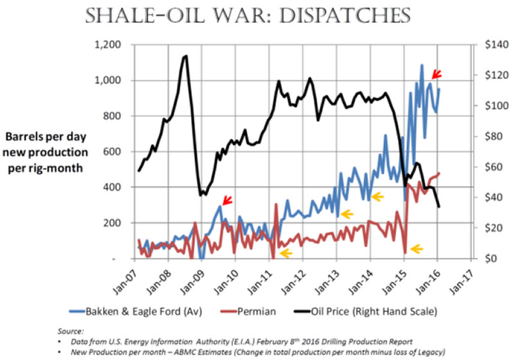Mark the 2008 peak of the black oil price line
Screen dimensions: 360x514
click(186, 57)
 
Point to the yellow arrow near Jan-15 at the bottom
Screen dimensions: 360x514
click(417, 248)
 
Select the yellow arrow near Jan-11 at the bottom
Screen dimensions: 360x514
click(285, 253)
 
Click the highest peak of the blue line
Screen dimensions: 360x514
click(422, 65)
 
